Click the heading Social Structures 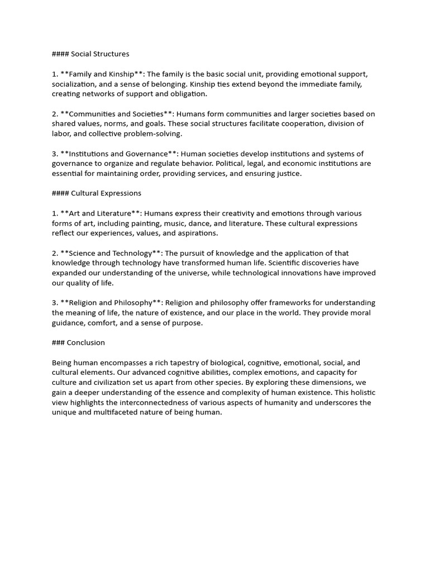click(x=100, y=54)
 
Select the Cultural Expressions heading click(x=106, y=193)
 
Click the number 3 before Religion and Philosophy click(x=54, y=303)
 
